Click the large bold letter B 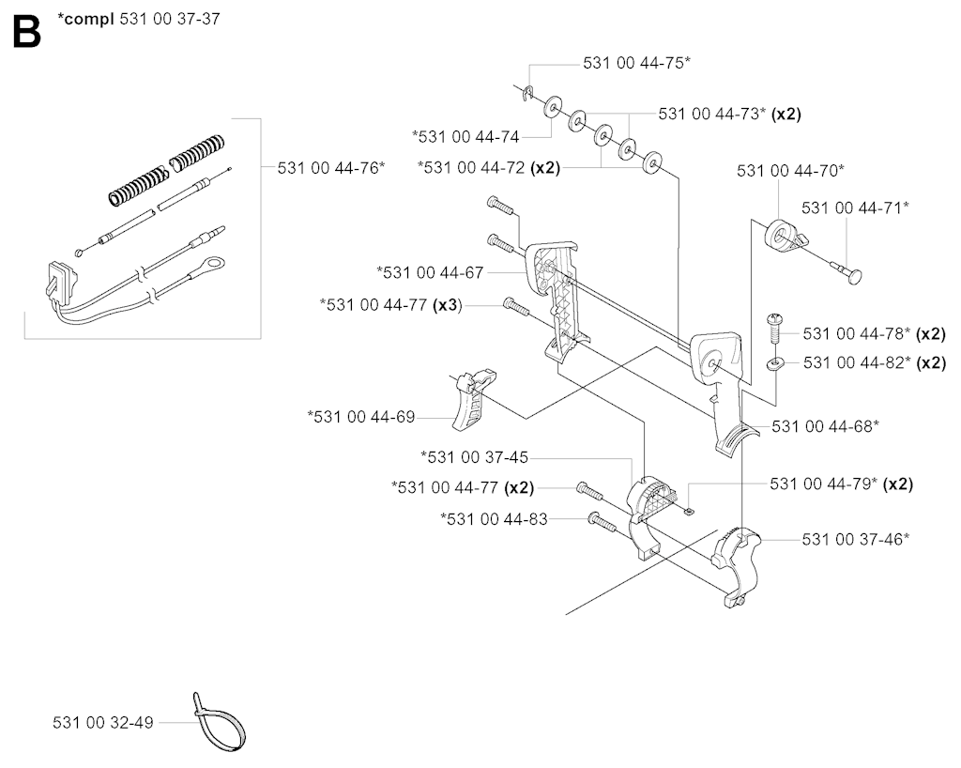click(27, 32)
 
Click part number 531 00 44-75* click(636, 63)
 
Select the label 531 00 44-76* click(331, 168)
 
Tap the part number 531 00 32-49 click(103, 723)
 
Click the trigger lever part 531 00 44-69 click(474, 398)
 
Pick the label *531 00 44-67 click(430, 272)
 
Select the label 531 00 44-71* click(855, 207)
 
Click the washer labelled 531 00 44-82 click(775, 364)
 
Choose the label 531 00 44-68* click(825, 426)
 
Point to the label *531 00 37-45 click(474, 457)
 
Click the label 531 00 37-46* click(856, 539)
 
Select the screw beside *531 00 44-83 click(602, 522)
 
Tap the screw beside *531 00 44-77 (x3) click(516, 306)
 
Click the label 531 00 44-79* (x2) click(842, 484)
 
